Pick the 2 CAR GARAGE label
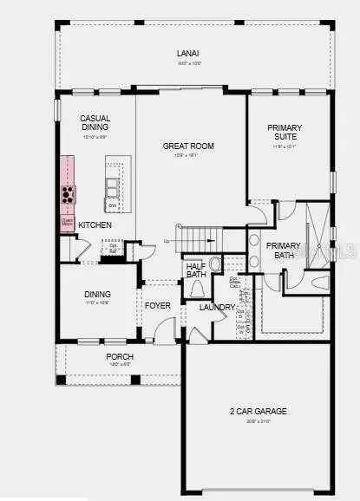point(259,411)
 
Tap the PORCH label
point(120,357)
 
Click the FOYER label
point(157,305)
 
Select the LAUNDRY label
point(216,307)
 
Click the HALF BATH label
point(195,270)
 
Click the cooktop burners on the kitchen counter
point(67,193)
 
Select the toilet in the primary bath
point(318,282)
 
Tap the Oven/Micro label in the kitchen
point(67,222)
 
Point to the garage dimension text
point(259,421)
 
